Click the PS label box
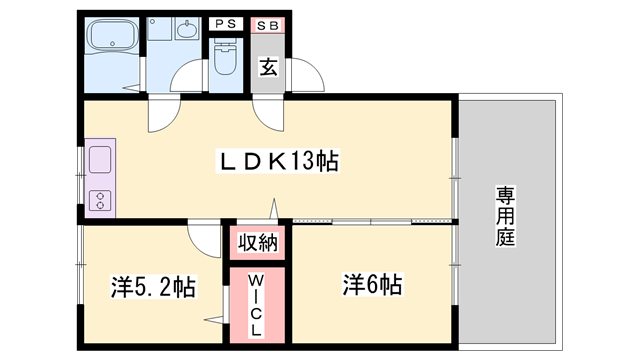pyautogui.click(x=225, y=22)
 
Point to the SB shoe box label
pyautogui.click(x=267, y=22)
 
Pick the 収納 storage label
pyautogui.click(x=258, y=241)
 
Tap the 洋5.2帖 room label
pyautogui.click(x=152, y=287)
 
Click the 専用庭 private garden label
pyautogui.click(x=504, y=216)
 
